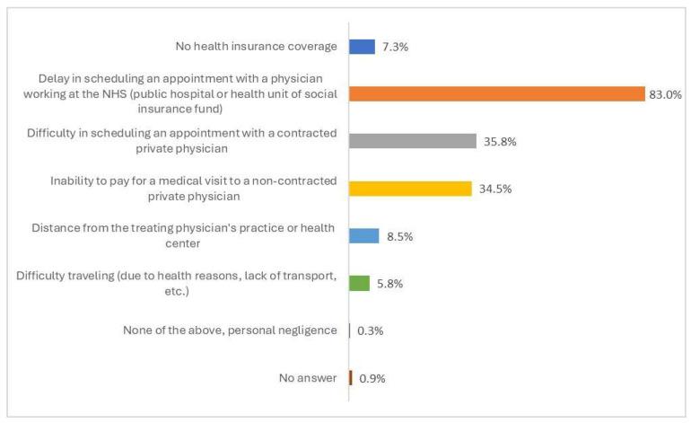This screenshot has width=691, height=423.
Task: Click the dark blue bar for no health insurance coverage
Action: [x=362, y=47]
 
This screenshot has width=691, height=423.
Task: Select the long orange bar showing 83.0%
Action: [x=496, y=93]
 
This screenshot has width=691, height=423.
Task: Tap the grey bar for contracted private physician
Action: [x=412, y=141]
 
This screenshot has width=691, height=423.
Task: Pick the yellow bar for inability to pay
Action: [x=410, y=189]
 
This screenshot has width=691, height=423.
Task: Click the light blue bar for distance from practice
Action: [x=363, y=235]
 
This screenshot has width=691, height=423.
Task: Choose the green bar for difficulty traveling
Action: [x=359, y=283]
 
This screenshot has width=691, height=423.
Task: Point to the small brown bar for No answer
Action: [x=351, y=378]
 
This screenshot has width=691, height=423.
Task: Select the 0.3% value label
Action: [x=372, y=331]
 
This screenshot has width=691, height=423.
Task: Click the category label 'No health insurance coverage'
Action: [x=256, y=46]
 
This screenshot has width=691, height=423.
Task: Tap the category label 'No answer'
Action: [x=308, y=378]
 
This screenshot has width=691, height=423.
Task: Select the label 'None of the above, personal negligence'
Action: [x=230, y=330]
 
